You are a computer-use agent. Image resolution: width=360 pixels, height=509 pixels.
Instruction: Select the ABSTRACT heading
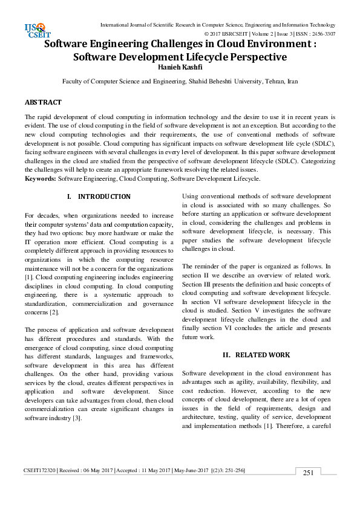tap(43, 102)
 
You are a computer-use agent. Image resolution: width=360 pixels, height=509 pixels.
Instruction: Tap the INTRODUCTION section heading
tap(104, 197)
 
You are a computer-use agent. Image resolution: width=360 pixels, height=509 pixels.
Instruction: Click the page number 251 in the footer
tap(308, 473)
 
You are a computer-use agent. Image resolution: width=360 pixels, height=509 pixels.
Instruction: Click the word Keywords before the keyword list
tap(40, 179)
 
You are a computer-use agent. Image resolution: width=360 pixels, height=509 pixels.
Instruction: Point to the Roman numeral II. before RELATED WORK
tap(227, 355)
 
